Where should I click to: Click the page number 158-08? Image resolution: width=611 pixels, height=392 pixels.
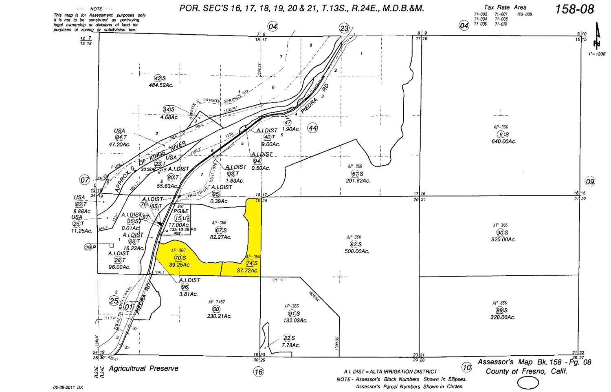pos(574,9)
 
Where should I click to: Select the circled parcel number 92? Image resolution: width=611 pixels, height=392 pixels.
pos(354,245)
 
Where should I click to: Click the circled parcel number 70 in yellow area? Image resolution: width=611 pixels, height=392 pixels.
pos(178,258)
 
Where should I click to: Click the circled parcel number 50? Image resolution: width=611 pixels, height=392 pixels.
pos(216,309)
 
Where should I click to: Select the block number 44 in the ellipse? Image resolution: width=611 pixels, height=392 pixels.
pos(312,128)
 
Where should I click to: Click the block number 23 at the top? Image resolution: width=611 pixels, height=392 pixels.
pos(345,28)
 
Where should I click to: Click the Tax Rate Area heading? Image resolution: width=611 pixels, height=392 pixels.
pos(505,7)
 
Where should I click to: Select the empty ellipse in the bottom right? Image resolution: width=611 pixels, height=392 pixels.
pos(528,383)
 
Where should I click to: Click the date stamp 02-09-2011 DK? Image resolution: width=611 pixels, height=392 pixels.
pos(68,387)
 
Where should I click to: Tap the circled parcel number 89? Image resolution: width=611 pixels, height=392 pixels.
pos(500,310)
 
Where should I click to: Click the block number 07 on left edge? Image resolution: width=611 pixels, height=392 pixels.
pos(84,179)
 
